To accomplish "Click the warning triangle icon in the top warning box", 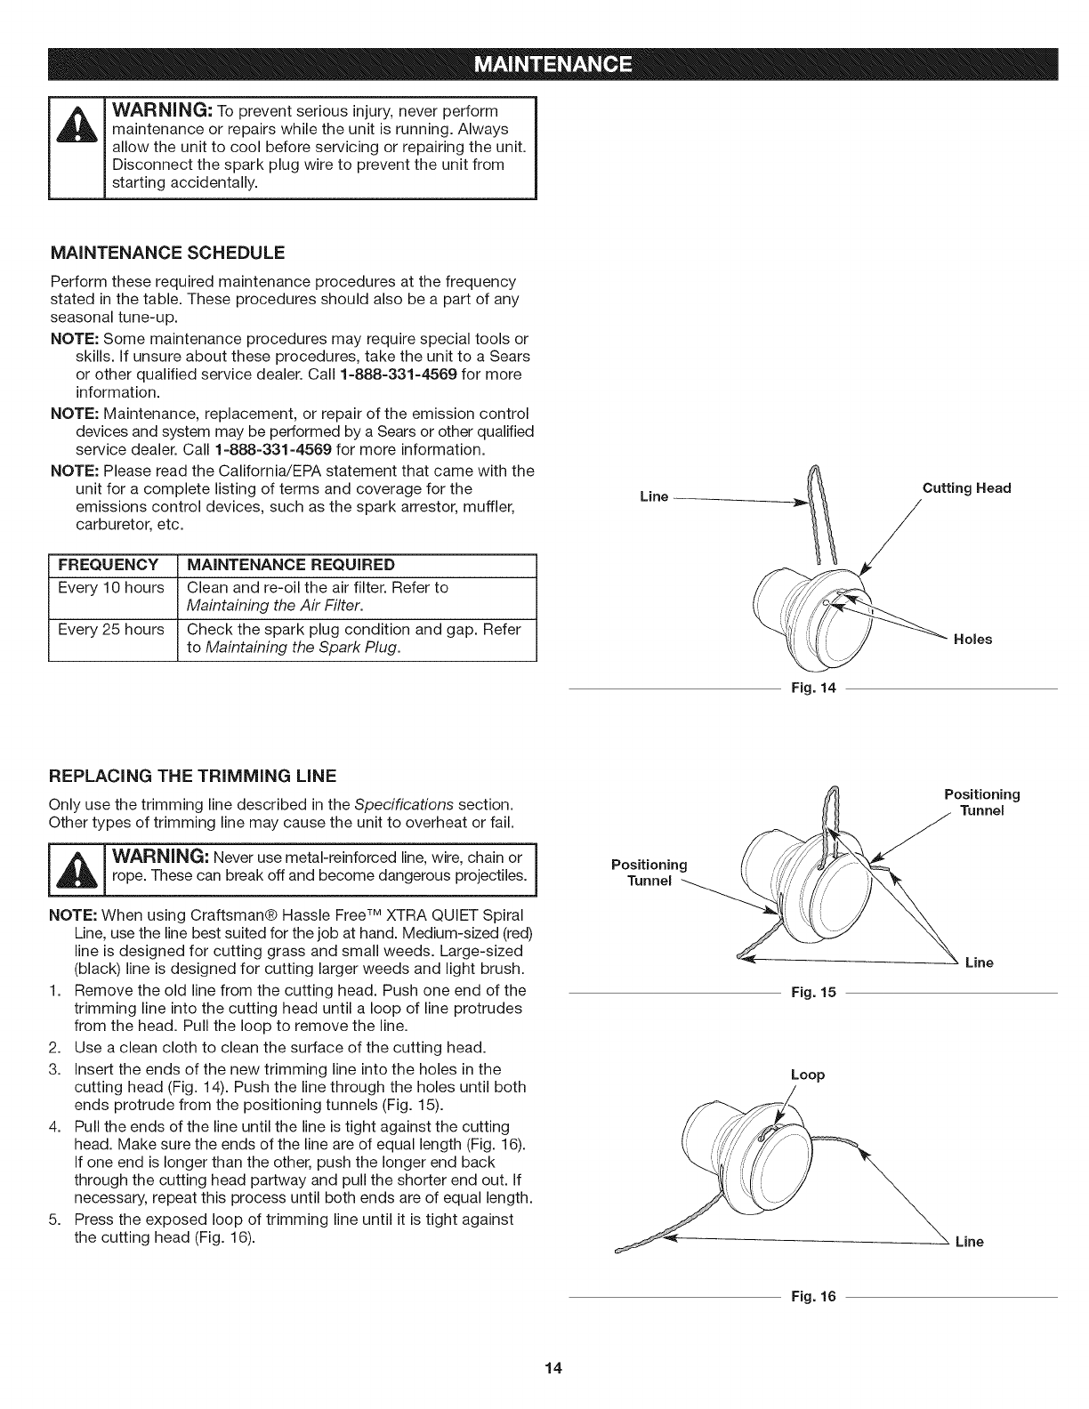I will coord(76,151).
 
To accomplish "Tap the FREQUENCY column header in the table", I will coord(109,565).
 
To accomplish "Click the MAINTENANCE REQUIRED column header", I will coord(290,565).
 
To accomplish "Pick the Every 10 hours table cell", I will coord(111,588).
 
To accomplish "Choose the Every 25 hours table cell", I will coord(111,630).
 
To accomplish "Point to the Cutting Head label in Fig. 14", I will coord(966,488).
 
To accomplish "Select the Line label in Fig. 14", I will coord(654,496).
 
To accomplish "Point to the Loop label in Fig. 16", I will coord(808,1075).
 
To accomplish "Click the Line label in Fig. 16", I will coord(969,1243).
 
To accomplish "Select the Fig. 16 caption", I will coord(813,1297).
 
